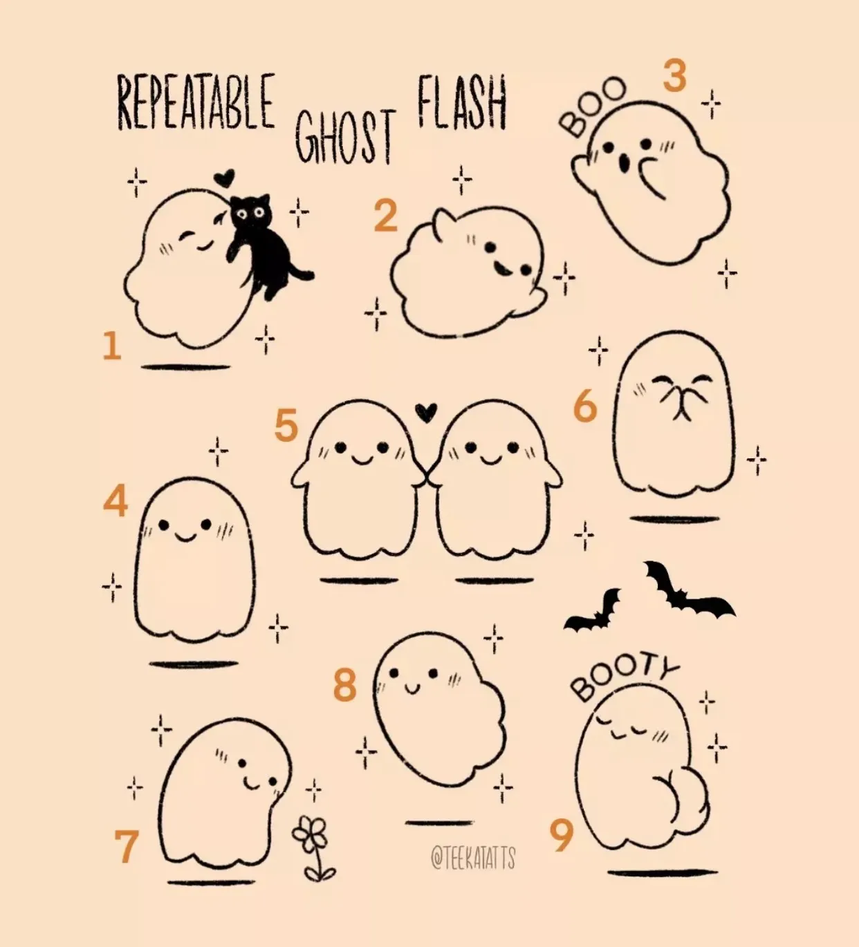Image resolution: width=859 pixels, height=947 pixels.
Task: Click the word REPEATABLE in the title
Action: [196, 102]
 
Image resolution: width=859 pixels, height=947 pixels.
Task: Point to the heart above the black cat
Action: [223, 178]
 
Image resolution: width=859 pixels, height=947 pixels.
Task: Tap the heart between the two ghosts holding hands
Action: [426, 412]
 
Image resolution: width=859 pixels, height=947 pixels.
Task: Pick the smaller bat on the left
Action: [593, 611]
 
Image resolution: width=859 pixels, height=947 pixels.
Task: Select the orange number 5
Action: [286, 425]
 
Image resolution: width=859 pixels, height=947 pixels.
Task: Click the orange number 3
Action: [675, 75]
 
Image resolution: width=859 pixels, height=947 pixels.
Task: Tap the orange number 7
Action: [127, 846]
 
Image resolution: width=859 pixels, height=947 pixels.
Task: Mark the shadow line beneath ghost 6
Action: [675, 519]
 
